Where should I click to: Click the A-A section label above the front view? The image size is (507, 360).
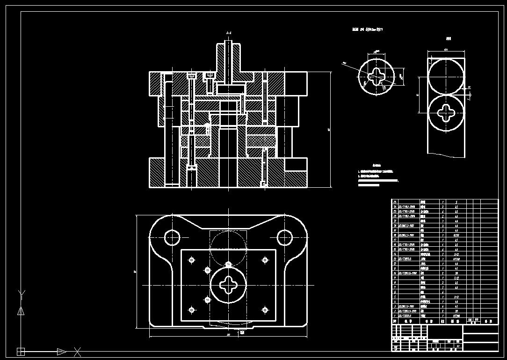(229, 33)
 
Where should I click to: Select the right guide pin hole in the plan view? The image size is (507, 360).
(285, 237)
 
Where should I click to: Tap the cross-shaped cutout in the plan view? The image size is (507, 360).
(228, 284)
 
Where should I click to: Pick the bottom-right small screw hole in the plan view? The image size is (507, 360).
(265, 309)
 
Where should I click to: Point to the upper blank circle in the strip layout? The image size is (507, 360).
(446, 77)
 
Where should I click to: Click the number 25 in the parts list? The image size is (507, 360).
(395, 202)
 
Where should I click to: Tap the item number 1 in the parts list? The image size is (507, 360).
(395, 316)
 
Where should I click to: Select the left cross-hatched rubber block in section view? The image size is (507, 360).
(196, 140)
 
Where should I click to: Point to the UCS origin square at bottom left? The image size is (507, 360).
(21, 351)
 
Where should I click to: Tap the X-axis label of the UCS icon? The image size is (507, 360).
(78, 351)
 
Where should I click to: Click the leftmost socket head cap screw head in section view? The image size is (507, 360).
(191, 75)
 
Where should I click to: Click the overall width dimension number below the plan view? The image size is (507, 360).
(228, 335)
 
